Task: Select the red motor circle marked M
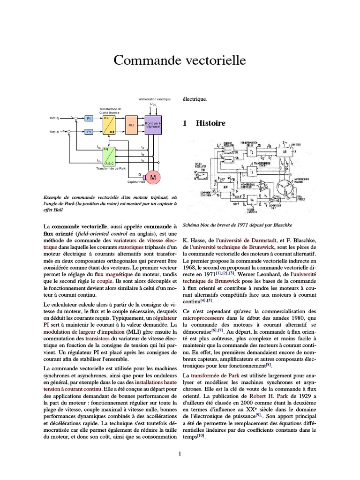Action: coord(152,176)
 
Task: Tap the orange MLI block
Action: coord(131,125)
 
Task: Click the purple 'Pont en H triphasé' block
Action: coord(153,125)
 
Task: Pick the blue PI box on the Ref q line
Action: coord(89,118)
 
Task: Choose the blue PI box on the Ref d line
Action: coord(89,132)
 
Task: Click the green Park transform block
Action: coord(109,156)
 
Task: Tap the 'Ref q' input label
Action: coord(54,118)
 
